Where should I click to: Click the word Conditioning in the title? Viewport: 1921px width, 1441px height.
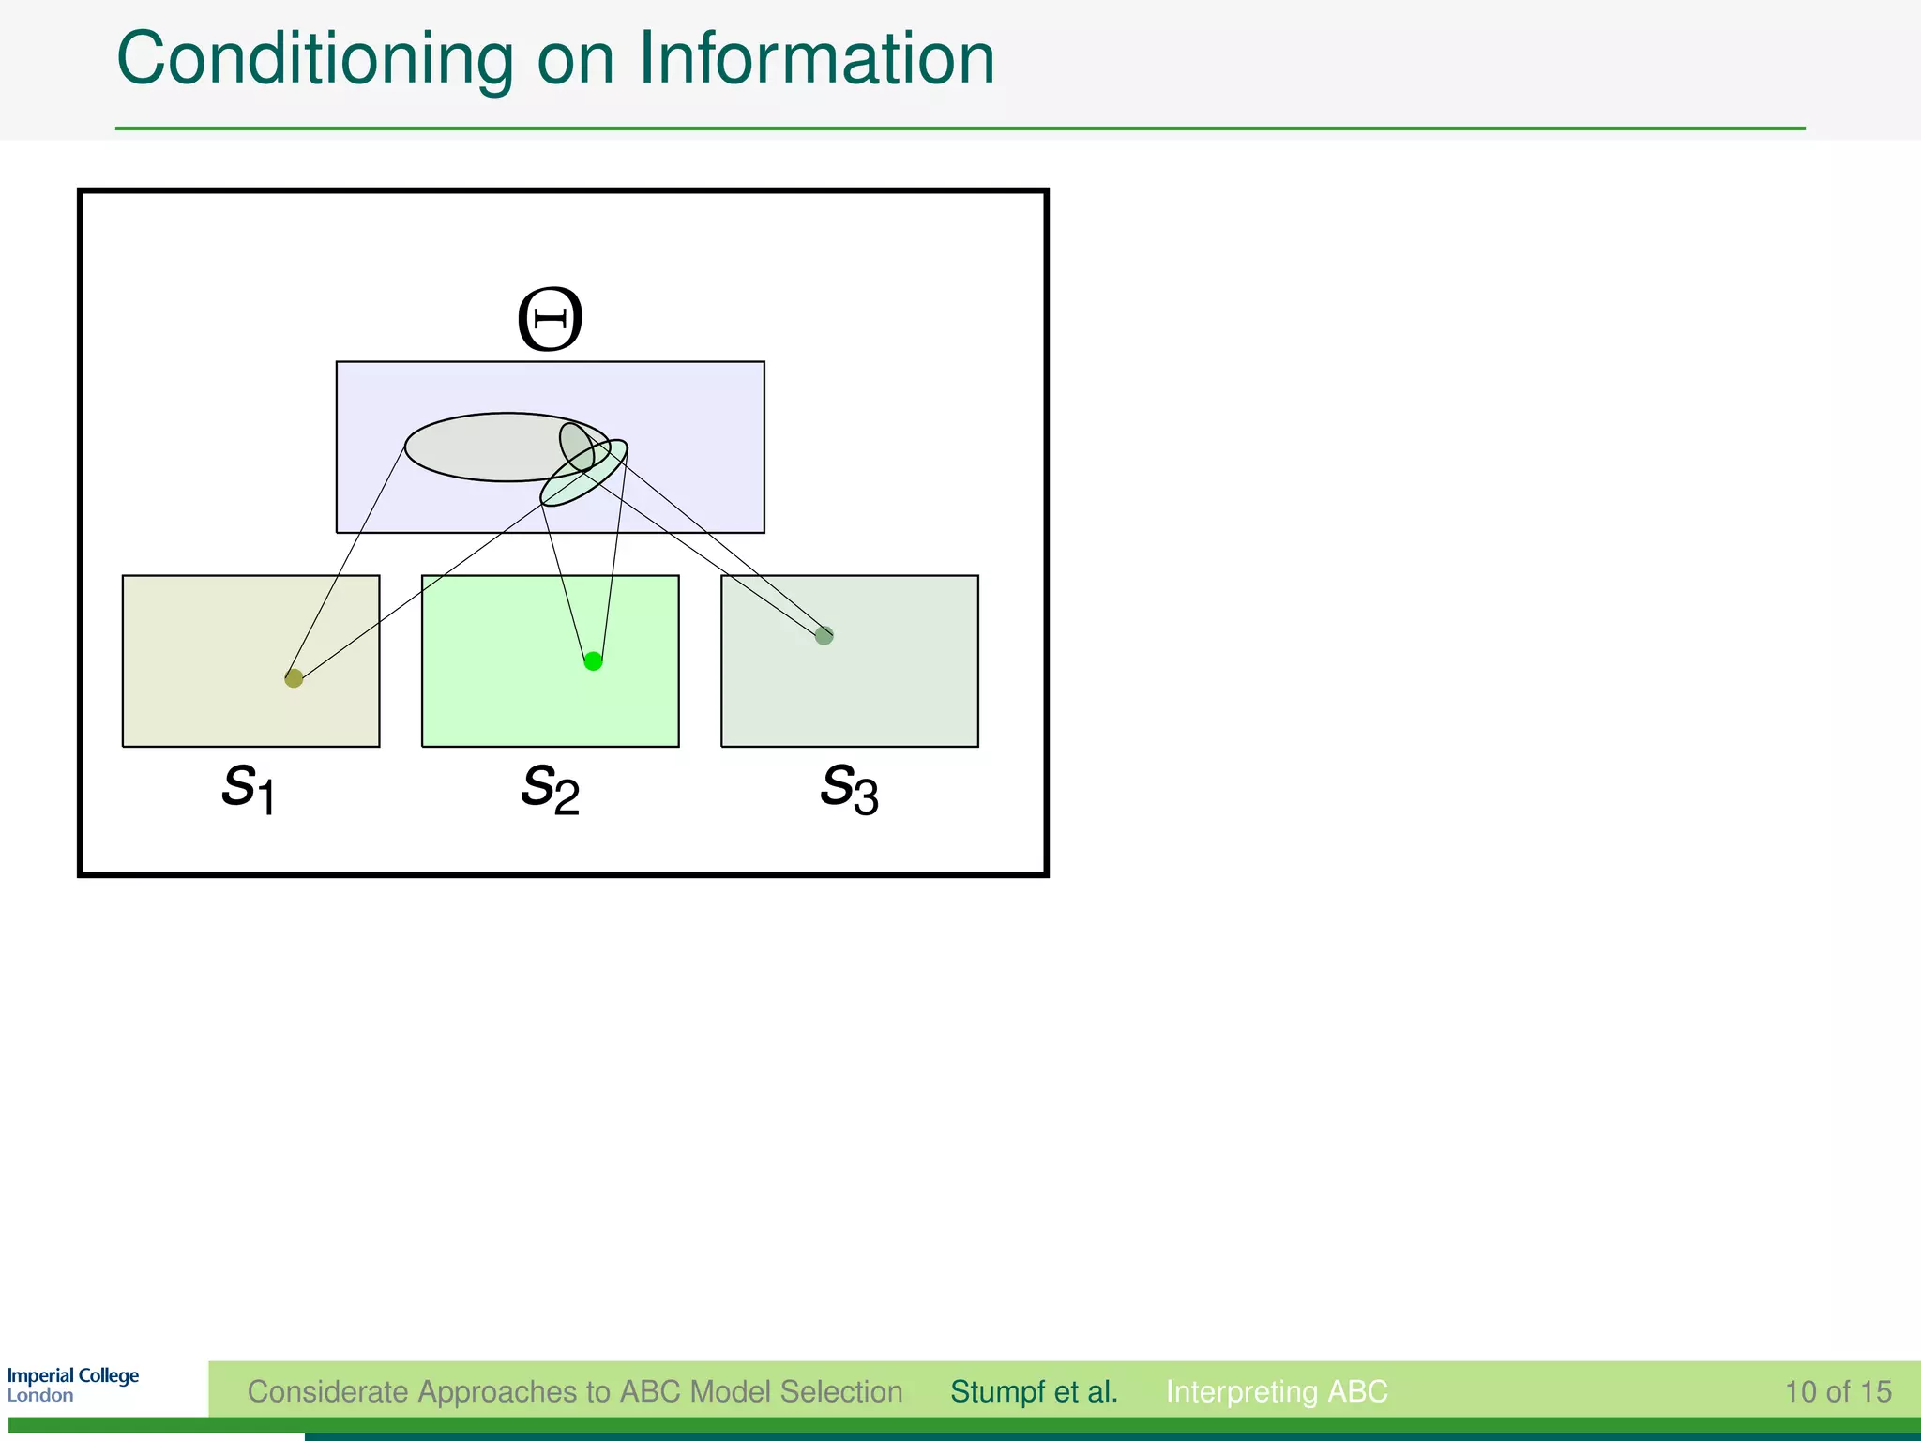pyautogui.click(x=314, y=60)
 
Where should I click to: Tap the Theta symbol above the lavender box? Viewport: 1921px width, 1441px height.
pyautogui.click(x=551, y=320)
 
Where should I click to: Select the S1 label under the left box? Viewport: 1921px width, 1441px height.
pyautogui.click(x=249, y=788)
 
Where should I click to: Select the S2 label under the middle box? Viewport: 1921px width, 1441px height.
pyautogui.click(x=551, y=788)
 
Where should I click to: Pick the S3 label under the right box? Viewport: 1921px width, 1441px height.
pyautogui.click(x=849, y=788)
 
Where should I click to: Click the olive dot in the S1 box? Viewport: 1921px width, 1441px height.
pyautogui.click(x=294, y=678)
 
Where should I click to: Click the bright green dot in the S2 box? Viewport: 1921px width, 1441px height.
pyautogui.click(x=593, y=661)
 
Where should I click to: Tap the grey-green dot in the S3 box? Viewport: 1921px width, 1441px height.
pyautogui.click(x=824, y=635)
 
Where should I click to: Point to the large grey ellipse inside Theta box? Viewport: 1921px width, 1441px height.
pyautogui.click(x=478, y=447)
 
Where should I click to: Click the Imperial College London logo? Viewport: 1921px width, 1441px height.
pyautogui.click(x=73, y=1385)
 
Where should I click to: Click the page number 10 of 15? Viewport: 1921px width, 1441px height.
pyautogui.click(x=1838, y=1391)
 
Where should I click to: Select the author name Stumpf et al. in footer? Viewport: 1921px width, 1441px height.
pyautogui.click(x=1034, y=1391)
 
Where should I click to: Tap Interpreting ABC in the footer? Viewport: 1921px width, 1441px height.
pyautogui.click(x=1276, y=1391)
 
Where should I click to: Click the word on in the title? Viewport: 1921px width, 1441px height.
pyautogui.click(x=575, y=60)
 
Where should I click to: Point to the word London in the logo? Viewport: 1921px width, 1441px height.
pyautogui.click(x=40, y=1396)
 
